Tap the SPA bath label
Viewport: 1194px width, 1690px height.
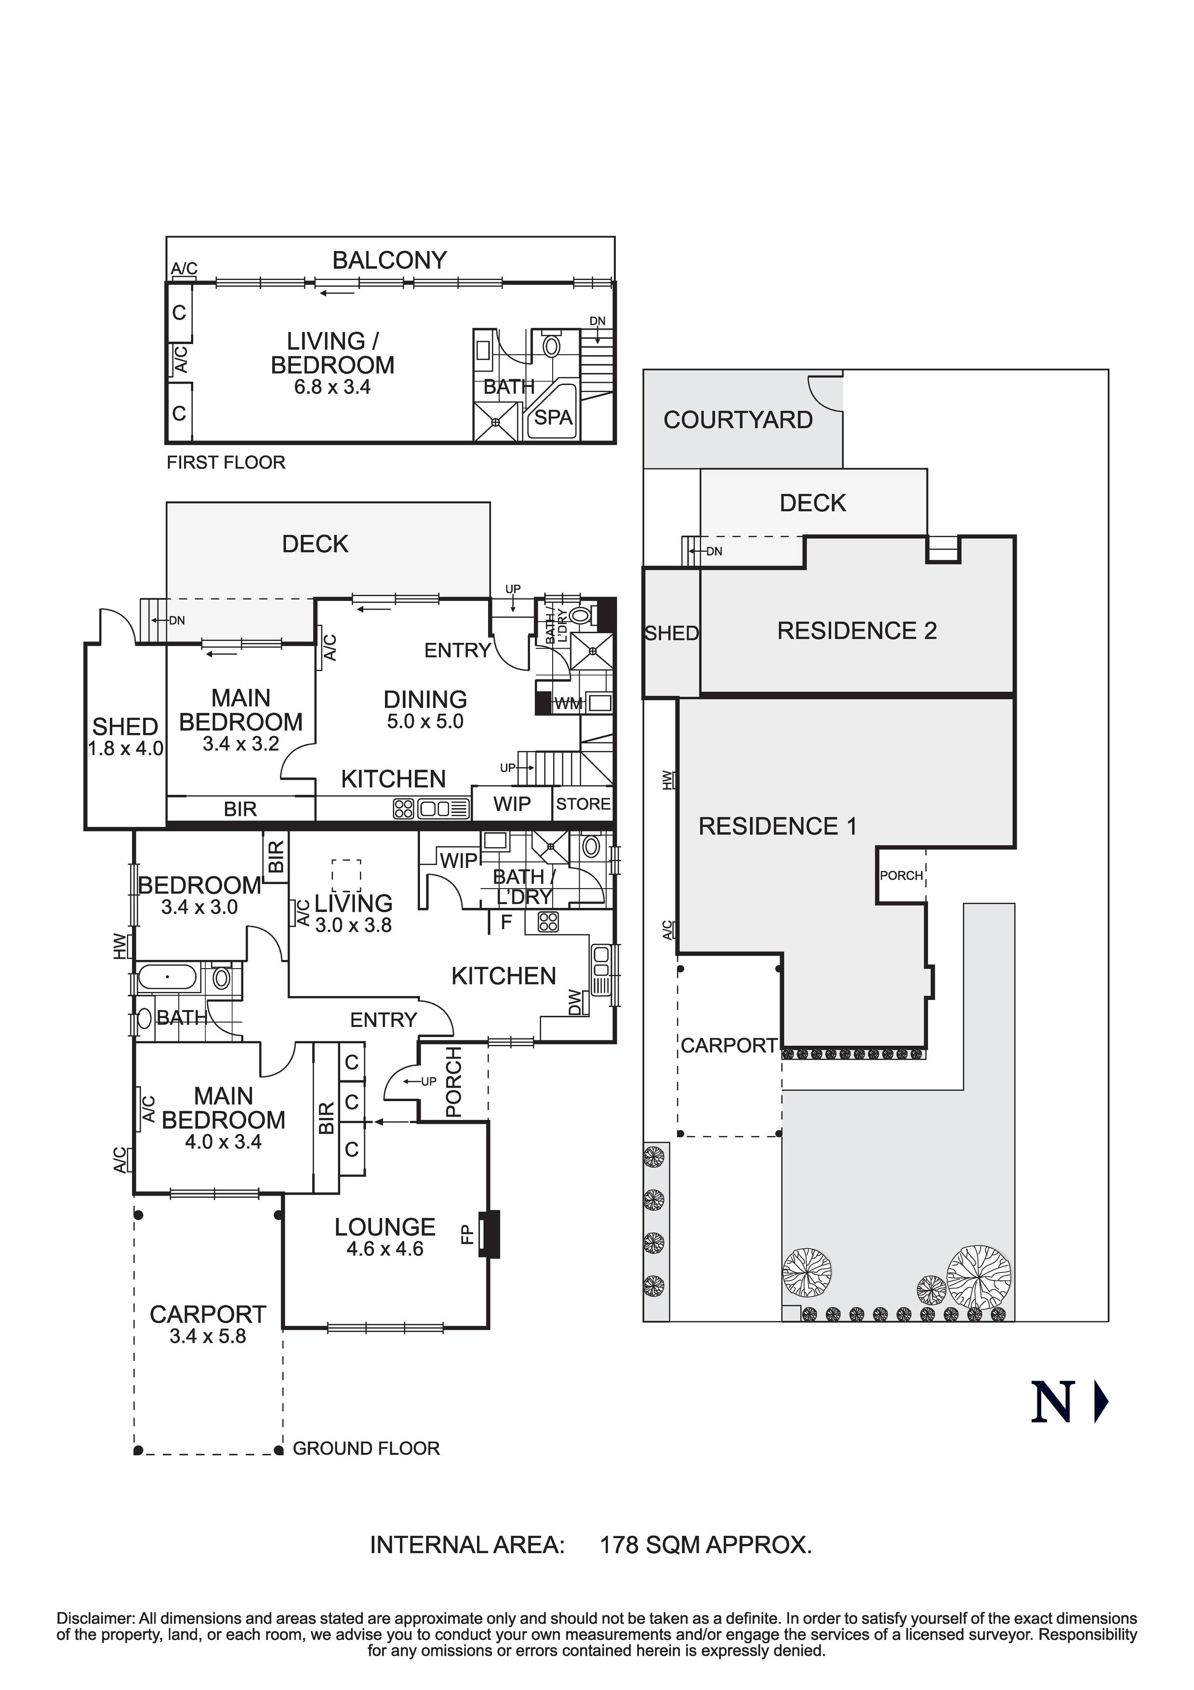[553, 417]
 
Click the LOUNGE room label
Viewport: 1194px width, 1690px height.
[385, 1227]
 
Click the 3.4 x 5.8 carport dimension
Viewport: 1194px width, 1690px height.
[208, 1336]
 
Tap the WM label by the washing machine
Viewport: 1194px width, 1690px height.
[568, 704]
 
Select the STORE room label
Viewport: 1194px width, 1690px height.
[583, 804]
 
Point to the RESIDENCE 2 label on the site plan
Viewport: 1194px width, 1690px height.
[857, 631]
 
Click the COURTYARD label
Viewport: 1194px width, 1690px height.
[738, 420]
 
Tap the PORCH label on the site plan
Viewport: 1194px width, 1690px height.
[901, 875]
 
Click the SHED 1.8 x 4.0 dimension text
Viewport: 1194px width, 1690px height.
[125, 748]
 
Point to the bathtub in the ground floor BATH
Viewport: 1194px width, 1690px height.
[168, 977]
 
